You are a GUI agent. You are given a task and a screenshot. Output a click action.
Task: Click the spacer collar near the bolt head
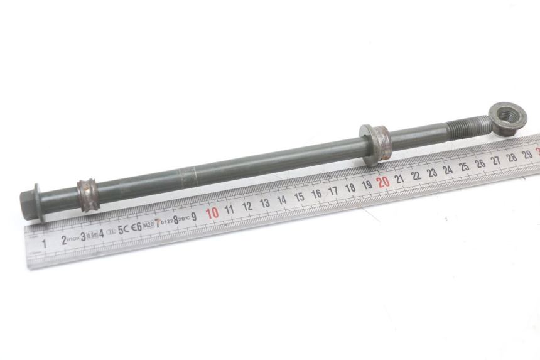[87, 191]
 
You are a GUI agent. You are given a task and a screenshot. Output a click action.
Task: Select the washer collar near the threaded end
[375, 144]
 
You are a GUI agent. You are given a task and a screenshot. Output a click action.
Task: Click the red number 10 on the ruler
[212, 212]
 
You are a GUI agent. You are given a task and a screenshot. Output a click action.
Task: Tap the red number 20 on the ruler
[382, 182]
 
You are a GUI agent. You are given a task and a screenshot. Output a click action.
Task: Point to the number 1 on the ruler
[44, 243]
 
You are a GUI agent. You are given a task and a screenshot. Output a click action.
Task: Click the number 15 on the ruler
[299, 197]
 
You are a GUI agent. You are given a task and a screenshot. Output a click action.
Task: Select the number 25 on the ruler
[463, 166]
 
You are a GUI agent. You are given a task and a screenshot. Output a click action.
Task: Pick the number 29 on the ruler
[527, 154]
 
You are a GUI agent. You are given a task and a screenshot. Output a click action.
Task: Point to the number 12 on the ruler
[247, 206]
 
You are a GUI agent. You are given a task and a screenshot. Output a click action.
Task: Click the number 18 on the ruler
[350, 187]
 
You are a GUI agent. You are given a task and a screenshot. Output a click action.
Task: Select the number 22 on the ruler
[416, 175]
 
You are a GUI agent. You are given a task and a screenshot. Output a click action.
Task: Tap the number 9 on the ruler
[193, 216]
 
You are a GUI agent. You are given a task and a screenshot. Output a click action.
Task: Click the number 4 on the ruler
[101, 233]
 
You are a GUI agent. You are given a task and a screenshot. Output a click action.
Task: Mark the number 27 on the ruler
[495, 160]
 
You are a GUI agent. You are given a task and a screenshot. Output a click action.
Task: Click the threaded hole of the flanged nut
[507, 115]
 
